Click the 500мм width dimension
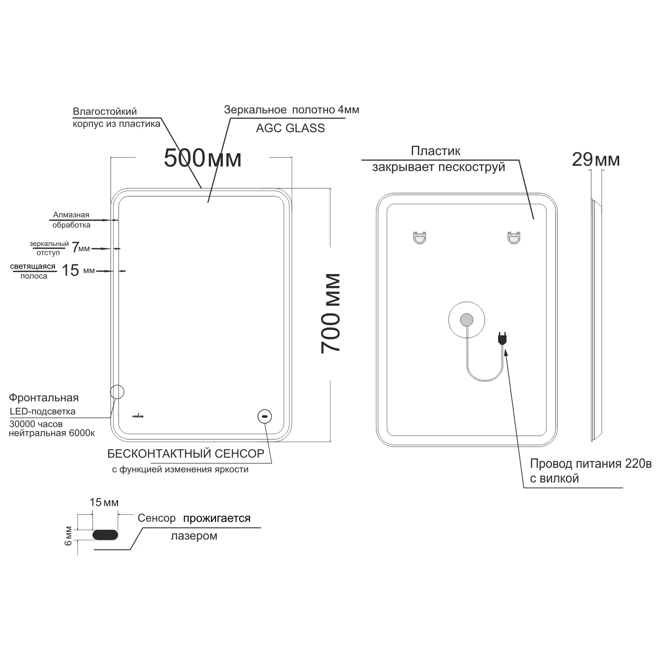[x=203, y=158]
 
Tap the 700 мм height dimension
[x=331, y=313]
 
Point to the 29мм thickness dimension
[x=596, y=159]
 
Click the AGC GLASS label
[x=290, y=128]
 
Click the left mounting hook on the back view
[x=420, y=238]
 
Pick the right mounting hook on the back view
[x=513, y=238]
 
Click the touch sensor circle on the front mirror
[x=265, y=416]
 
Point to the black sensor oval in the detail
[x=105, y=535]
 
